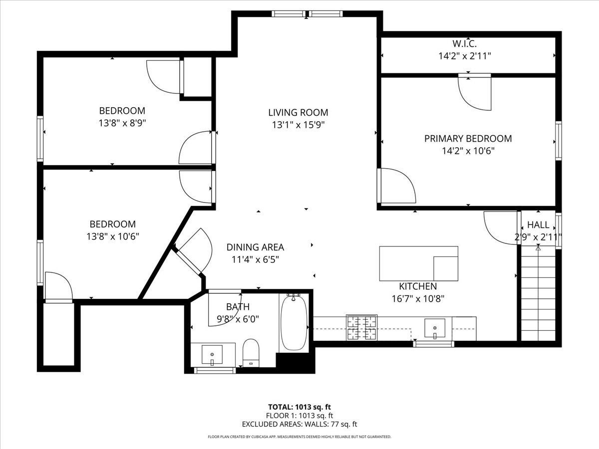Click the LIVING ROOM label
click(x=298, y=112)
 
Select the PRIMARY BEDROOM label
click(x=468, y=139)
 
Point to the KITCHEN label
click(x=418, y=286)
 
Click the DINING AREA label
click(x=255, y=247)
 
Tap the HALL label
click(x=538, y=224)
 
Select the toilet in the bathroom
click(x=251, y=353)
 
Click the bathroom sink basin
click(x=212, y=355)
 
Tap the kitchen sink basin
click(x=435, y=329)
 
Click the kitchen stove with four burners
click(x=362, y=327)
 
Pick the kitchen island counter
click(x=419, y=263)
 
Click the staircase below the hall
click(x=538, y=293)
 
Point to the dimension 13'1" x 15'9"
click(x=298, y=125)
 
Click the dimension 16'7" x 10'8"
click(x=418, y=299)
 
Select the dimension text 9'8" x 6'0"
click(x=238, y=319)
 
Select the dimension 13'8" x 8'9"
click(x=122, y=123)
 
